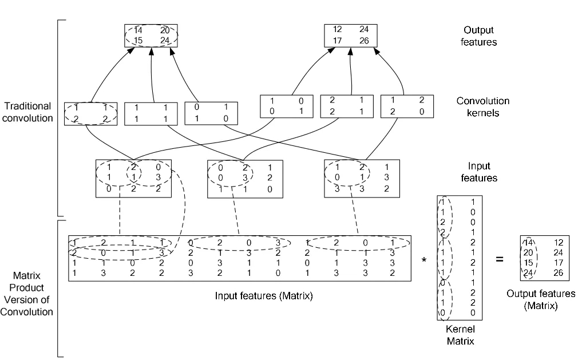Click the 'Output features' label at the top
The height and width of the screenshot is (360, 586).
point(478,35)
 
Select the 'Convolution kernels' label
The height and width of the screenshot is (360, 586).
point(484,107)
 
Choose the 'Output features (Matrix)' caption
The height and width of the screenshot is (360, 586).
point(540,299)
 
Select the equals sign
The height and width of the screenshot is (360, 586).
point(499,259)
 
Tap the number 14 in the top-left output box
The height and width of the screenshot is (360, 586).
point(137,30)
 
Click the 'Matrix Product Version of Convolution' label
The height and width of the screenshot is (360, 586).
point(27,290)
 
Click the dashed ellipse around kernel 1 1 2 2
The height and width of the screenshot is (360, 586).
point(90,113)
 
